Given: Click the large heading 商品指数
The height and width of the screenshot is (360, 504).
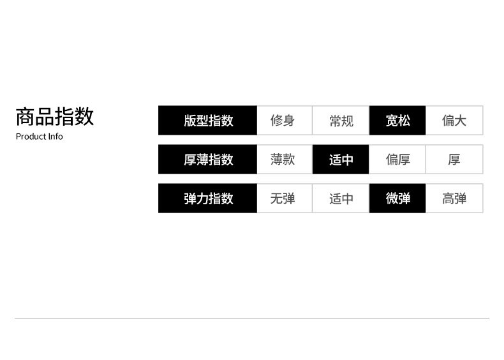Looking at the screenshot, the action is pyautogui.click(x=55, y=117).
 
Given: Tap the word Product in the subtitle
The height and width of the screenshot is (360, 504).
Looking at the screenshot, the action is pyautogui.click(x=31, y=137).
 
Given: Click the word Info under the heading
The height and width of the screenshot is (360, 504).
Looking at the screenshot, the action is pyautogui.click(x=56, y=137).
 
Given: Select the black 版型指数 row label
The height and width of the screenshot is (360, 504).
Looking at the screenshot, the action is pyautogui.click(x=208, y=121).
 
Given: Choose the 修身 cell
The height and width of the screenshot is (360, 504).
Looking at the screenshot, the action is pyautogui.click(x=283, y=121).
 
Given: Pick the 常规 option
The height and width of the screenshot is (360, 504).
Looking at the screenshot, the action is pyautogui.click(x=341, y=121).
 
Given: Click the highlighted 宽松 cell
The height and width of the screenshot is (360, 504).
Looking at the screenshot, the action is pyautogui.click(x=397, y=121).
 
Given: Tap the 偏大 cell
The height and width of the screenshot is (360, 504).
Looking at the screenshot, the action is pyautogui.click(x=454, y=121).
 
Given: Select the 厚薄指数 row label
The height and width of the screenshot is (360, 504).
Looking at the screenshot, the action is pyautogui.click(x=208, y=160).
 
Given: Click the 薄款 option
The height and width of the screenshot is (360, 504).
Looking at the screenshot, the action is pyautogui.click(x=283, y=160).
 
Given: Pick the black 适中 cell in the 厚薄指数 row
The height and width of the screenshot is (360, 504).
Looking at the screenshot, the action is pyautogui.click(x=341, y=160).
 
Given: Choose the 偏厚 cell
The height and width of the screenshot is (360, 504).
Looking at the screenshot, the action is pyautogui.click(x=397, y=160).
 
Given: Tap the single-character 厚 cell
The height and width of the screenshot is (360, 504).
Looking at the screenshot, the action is pyautogui.click(x=454, y=160).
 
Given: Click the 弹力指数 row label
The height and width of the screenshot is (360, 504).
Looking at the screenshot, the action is pyautogui.click(x=208, y=199).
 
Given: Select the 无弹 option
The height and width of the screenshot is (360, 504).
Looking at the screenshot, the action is pyautogui.click(x=283, y=199).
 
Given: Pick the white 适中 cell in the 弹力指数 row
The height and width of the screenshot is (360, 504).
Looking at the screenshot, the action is pyautogui.click(x=341, y=199).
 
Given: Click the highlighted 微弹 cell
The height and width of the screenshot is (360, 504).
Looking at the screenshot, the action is pyautogui.click(x=397, y=199).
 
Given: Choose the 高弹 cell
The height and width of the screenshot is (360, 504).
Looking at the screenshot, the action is pyautogui.click(x=454, y=199).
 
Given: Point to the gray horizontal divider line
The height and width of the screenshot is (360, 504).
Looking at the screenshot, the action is pyautogui.click(x=252, y=318).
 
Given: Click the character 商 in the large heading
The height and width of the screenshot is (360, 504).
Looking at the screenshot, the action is pyautogui.click(x=26, y=117).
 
